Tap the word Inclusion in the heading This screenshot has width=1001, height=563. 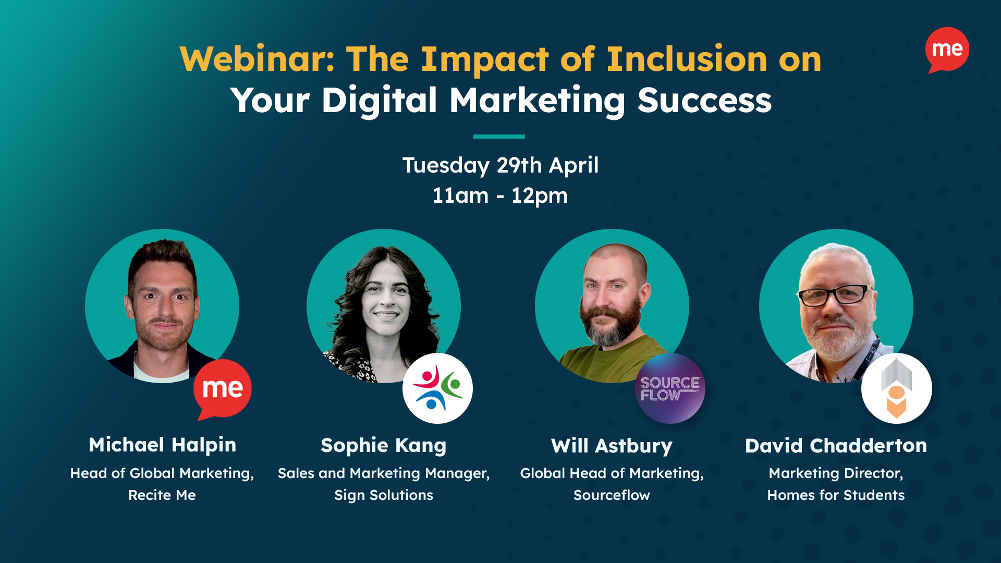click(687, 59)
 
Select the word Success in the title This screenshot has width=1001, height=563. click(704, 100)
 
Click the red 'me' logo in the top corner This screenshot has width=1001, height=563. click(947, 50)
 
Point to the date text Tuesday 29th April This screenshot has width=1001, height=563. click(500, 165)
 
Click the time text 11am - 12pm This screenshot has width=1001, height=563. click(500, 196)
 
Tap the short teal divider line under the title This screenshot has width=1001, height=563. click(499, 137)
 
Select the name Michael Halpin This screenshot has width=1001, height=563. click(162, 445)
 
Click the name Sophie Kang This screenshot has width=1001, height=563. click(384, 445)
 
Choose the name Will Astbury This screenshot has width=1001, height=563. click(612, 446)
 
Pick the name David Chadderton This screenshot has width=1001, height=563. click(836, 446)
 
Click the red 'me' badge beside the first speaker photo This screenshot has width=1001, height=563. click(223, 388)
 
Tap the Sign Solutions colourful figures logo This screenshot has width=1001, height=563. click(437, 388)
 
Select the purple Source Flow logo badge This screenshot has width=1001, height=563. click(670, 388)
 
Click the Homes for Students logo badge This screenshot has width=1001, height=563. click(896, 388)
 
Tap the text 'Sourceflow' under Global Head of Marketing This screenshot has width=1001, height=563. click(612, 495)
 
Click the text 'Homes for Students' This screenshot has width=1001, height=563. click(836, 495)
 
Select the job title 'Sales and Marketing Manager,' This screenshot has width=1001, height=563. click(384, 473)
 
